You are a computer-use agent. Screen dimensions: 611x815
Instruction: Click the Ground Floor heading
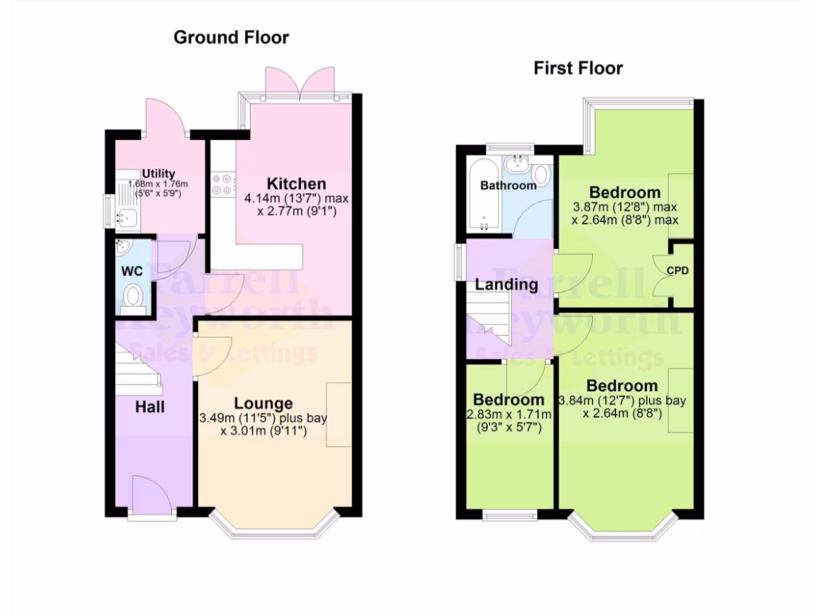tap(231, 37)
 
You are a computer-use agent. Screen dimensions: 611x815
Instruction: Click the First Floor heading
tap(578, 68)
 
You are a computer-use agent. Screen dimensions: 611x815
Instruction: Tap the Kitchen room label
tap(296, 184)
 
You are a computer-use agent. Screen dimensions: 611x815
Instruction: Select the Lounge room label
tap(263, 403)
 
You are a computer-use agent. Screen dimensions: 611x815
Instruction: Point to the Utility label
tap(158, 174)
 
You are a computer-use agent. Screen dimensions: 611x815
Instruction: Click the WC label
tap(131, 271)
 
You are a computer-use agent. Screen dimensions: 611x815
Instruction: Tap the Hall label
tap(150, 407)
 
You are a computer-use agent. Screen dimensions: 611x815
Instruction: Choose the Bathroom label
tap(508, 185)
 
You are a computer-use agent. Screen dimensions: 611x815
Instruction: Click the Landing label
tap(506, 284)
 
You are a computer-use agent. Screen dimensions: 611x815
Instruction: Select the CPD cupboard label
tap(677, 270)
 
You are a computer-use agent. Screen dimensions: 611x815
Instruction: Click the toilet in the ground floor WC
tap(133, 298)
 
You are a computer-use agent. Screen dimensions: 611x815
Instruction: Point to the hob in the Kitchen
tap(221, 185)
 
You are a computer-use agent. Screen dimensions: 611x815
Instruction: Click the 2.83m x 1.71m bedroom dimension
tap(508, 414)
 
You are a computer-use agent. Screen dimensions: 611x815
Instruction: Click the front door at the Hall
tap(150, 496)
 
